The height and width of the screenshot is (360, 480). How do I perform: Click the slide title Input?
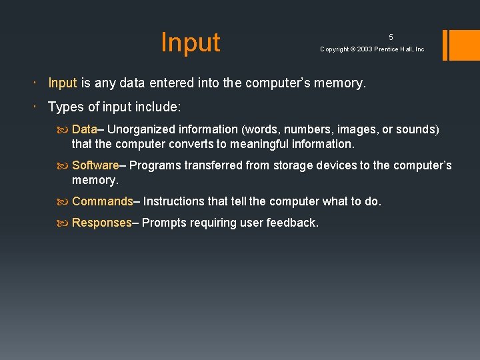190,42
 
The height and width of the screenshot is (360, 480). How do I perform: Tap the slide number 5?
391,37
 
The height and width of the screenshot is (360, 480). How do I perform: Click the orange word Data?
85,129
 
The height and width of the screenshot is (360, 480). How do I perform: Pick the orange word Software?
95,165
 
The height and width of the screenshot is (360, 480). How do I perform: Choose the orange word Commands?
103,201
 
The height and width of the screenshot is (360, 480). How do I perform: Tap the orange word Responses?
102,223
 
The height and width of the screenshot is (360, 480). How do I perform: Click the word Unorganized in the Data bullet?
139,129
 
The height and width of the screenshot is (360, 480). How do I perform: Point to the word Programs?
153,165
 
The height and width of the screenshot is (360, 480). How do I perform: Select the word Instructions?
175,201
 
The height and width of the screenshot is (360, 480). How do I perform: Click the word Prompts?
164,223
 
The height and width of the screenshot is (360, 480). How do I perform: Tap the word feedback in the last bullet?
293,223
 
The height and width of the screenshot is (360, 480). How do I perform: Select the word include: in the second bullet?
159,107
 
